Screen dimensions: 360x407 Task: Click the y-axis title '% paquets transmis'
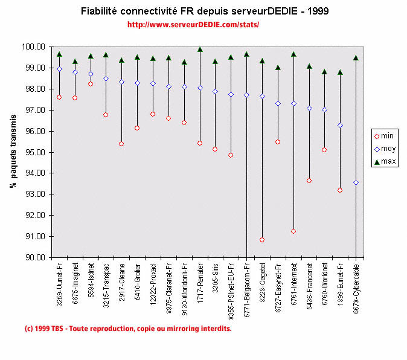click(13, 152)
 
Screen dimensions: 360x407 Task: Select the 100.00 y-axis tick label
click(34, 47)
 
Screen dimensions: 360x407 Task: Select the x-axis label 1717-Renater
click(200, 283)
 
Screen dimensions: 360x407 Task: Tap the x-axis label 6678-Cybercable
click(356, 288)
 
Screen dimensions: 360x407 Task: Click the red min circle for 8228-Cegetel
click(262, 240)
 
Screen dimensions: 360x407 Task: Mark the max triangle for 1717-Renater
click(200, 50)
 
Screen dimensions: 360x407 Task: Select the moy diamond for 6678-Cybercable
click(356, 182)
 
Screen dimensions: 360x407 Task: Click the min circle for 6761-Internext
click(293, 231)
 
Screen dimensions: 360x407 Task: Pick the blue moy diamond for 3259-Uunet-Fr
click(59, 69)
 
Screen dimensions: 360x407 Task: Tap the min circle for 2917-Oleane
click(121, 144)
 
